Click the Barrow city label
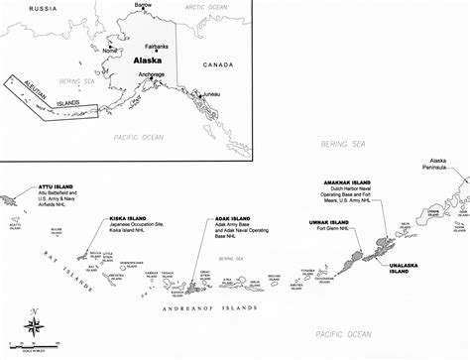[x=145, y=6]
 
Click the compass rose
[x=35, y=324]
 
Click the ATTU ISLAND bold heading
[x=54, y=184]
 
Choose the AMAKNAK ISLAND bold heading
[x=348, y=183]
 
